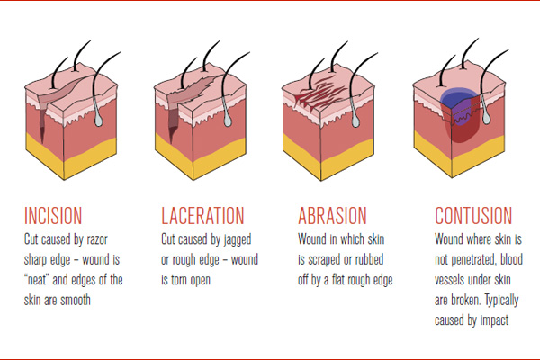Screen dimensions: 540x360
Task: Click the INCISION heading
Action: [53, 216]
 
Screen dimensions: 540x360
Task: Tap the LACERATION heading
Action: [202, 216]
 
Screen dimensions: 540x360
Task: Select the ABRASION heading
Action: [332, 216]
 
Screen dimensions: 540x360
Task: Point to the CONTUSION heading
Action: [473, 216]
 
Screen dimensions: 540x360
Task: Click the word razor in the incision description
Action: [97, 239]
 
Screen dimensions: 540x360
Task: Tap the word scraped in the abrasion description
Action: [325, 260]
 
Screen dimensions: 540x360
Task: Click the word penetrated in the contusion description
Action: [474, 260]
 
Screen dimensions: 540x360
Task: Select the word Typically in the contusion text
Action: [501, 301]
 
